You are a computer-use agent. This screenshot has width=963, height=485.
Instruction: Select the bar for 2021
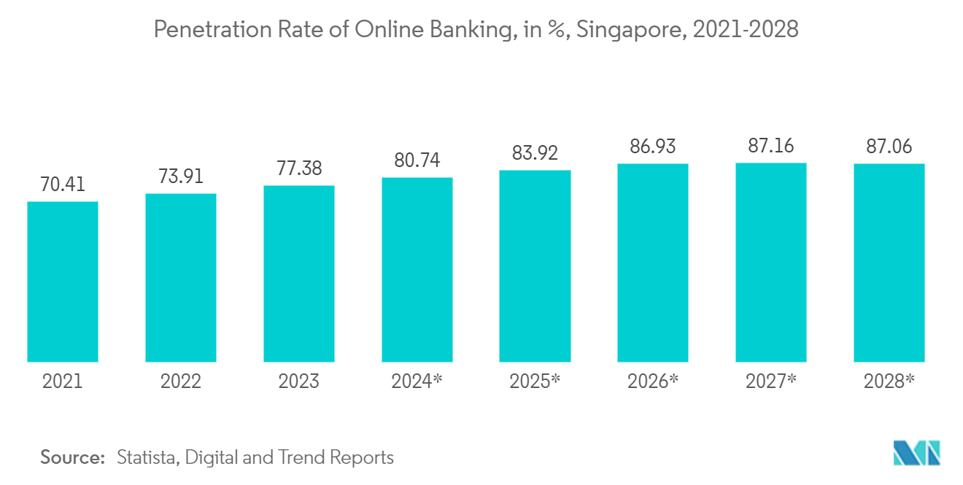(63, 282)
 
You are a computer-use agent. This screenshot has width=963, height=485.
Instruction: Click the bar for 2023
(299, 273)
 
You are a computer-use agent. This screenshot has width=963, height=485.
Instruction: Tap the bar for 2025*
(535, 266)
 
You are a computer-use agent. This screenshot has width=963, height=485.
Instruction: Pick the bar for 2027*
(771, 263)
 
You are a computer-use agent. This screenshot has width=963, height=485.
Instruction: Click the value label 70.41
(63, 185)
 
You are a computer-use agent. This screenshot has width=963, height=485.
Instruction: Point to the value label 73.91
(181, 177)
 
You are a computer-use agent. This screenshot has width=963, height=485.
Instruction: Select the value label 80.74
(417, 161)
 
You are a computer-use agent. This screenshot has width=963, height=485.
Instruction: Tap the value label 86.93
(653, 147)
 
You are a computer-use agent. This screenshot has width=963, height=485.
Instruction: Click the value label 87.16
(771, 146)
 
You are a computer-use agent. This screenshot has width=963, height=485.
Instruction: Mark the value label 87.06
(889, 147)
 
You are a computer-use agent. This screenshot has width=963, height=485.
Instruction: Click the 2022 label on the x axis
(181, 381)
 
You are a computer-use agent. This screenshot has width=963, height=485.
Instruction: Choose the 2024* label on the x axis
(417, 381)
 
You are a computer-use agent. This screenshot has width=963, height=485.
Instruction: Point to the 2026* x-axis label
(653, 381)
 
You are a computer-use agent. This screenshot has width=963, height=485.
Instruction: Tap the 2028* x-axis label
(889, 381)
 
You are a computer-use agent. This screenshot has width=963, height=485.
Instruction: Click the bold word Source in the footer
(71, 458)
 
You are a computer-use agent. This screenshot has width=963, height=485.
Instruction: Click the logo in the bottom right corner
(917, 454)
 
